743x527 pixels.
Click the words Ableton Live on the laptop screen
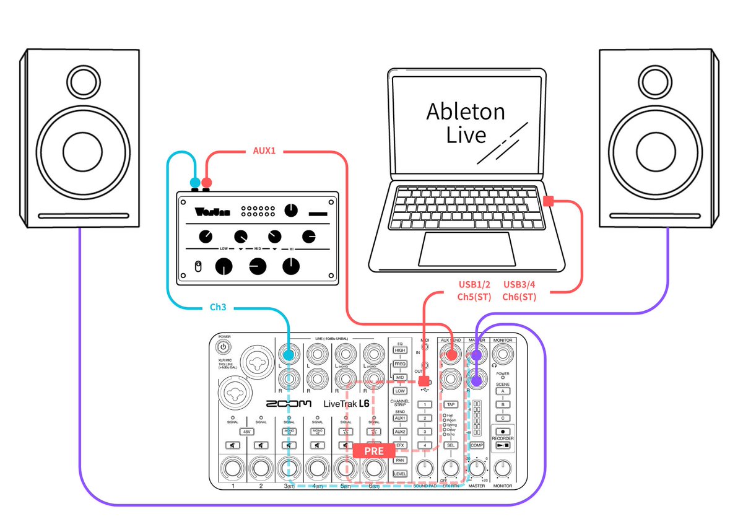(466, 123)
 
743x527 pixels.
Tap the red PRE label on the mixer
(373, 450)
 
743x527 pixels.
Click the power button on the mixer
(224, 347)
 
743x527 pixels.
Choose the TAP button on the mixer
(451, 404)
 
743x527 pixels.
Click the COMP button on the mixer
(476, 445)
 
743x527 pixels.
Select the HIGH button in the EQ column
(400, 351)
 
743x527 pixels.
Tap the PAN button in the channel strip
(400, 460)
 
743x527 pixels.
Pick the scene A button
(503, 391)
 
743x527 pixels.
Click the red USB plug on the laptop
(548, 201)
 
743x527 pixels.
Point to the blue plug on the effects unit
(195, 183)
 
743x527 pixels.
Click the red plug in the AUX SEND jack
(451, 355)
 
